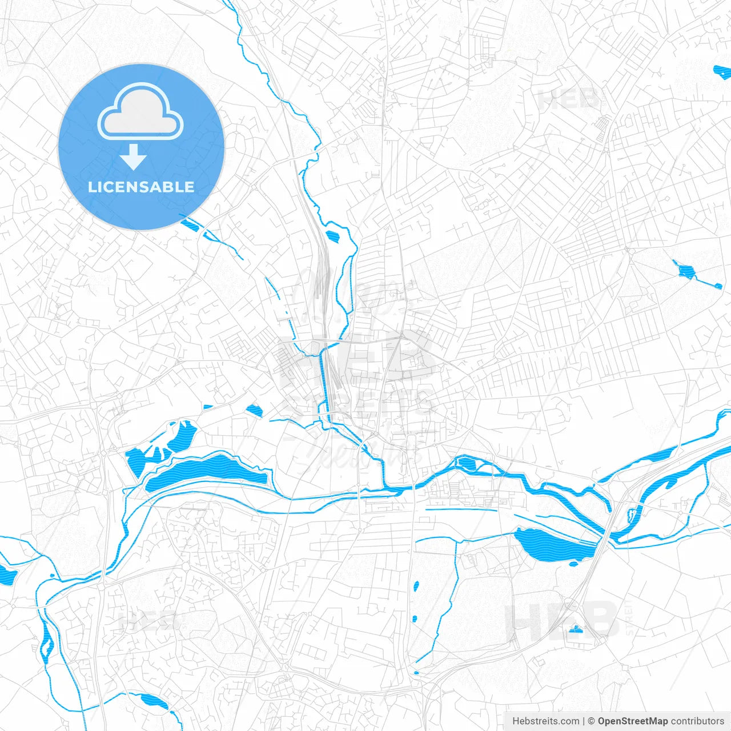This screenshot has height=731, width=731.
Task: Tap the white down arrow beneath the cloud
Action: click(134, 157)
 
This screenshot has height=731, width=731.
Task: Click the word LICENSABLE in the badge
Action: click(141, 187)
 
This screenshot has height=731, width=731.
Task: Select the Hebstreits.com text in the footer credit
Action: click(545, 721)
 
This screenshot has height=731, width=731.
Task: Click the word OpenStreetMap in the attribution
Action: click(633, 721)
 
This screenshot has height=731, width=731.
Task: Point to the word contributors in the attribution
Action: click(697, 721)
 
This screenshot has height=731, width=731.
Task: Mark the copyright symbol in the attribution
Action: click(592, 721)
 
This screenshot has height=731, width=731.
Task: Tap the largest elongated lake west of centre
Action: click(206, 472)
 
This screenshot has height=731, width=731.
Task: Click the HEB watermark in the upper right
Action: click(568, 100)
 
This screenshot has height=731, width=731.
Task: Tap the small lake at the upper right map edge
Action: click(722, 72)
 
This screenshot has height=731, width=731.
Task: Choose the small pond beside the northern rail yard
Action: click(332, 235)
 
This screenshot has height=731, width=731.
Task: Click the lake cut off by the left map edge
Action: click(7, 574)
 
